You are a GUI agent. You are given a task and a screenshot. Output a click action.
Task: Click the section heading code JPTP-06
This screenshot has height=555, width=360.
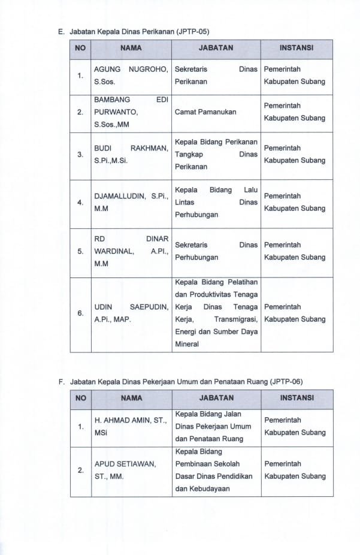pos(289,381)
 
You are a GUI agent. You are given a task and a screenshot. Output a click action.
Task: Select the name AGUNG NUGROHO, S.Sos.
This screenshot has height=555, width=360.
pos(131,76)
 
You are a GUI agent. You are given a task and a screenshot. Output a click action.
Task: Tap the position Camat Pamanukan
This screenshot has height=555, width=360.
pos(205,112)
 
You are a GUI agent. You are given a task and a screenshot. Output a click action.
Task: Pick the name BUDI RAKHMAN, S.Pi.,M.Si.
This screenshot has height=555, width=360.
pos(131,155)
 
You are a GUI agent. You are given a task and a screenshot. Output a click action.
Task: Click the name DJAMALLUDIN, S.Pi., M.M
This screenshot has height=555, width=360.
pos(131,203)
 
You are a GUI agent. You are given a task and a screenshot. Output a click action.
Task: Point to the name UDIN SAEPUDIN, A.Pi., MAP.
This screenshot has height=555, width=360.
pos(131,313)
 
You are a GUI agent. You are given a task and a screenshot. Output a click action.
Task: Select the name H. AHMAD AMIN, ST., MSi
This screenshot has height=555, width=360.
pos(131,426)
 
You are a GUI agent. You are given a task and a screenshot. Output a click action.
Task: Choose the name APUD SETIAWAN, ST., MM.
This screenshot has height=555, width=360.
pos(125,470)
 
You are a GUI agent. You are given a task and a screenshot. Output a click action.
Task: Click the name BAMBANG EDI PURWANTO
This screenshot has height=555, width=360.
pos(131,112)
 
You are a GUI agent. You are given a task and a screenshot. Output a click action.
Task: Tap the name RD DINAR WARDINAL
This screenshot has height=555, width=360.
pos(131,251)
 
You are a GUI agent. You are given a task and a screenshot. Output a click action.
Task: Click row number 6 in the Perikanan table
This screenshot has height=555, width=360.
pos(80,313)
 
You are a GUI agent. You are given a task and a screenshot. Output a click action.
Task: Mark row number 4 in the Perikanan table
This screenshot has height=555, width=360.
pos(80,203)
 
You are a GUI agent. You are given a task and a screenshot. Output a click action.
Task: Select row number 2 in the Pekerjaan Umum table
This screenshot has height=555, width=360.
pos(80,470)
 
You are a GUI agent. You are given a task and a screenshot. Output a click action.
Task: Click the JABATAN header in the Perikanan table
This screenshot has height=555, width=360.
pos(216,47)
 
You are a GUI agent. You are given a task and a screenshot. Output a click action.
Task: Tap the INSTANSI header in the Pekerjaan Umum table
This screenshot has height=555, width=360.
pos(297,397)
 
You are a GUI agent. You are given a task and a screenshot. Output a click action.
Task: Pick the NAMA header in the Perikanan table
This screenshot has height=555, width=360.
pos(131,47)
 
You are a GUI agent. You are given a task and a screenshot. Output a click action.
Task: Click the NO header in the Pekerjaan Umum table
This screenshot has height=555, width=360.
pos(81,397)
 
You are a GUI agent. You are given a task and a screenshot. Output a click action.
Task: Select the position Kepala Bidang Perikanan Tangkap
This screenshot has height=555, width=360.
pos(216,155)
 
